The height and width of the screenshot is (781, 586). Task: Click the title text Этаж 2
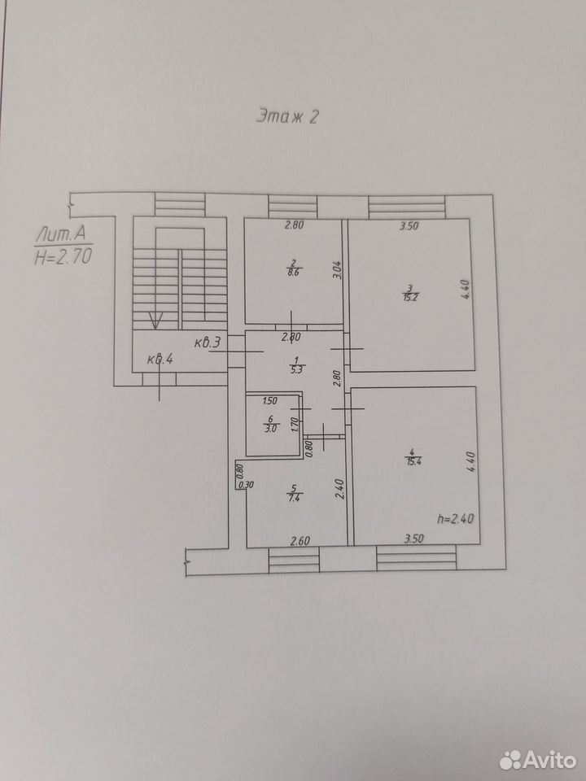[x=287, y=116]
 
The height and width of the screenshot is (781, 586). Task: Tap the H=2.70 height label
[x=63, y=256]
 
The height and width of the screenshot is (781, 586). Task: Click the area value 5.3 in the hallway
[x=297, y=369]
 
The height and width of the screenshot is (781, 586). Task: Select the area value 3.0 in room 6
[x=272, y=427]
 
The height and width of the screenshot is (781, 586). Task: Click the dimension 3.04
[x=337, y=270]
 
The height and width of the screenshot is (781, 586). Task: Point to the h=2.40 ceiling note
[x=456, y=518]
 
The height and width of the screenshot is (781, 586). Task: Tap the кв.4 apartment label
[x=160, y=359]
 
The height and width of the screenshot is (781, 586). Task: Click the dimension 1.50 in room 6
[x=269, y=401]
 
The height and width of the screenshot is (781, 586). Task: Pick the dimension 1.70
[x=295, y=425]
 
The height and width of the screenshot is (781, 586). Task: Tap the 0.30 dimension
[x=245, y=485]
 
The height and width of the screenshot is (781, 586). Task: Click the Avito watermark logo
[x=538, y=760]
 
